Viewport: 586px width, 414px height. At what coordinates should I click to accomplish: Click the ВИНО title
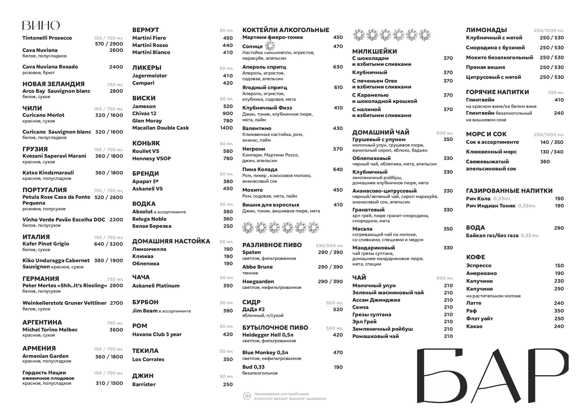[x=41, y=25]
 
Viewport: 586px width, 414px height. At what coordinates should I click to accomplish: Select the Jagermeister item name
[x=149, y=76]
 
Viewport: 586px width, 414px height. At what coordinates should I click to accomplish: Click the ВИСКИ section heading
[x=144, y=98]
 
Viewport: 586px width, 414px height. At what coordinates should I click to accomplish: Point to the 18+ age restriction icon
[x=247, y=396]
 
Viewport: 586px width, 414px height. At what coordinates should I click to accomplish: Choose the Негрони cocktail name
[x=253, y=149]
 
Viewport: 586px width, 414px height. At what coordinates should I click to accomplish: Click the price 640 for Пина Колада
[x=338, y=169]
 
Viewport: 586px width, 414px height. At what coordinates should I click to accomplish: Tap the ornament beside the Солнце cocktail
[x=270, y=46]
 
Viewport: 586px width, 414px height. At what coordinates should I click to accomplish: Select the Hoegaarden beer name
[x=258, y=282]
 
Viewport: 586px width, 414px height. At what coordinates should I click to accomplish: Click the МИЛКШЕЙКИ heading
[x=374, y=51]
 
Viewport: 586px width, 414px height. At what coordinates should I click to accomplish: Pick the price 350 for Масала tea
[x=448, y=229]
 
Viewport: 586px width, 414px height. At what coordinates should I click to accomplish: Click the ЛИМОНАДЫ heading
[x=486, y=30]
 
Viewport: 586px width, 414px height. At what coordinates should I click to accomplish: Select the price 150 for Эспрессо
[x=559, y=266]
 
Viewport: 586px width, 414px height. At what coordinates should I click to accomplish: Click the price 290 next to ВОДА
[x=559, y=228]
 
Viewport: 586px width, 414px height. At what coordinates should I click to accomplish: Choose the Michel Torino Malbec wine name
[x=50, y=330]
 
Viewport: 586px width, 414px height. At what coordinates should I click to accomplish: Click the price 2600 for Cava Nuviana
[x=116, y=50]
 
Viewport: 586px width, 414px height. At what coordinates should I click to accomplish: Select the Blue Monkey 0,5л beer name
[x=265, y=353]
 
